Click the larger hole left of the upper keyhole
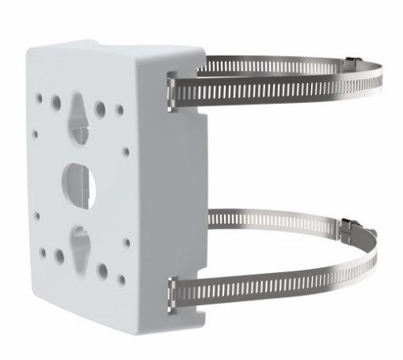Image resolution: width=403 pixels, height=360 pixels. pos(55,102)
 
